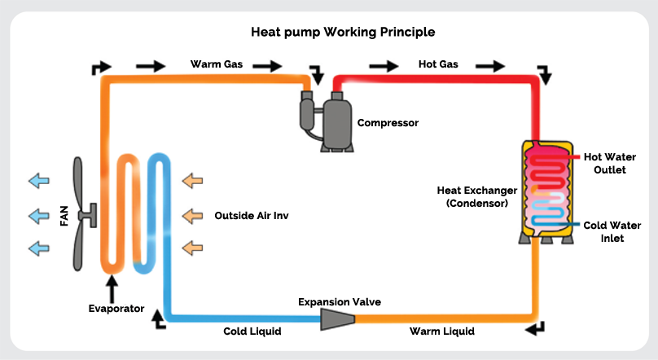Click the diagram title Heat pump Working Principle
click(342, 33)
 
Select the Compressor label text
click(388, 123)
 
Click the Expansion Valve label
click(340, 302)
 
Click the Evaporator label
click(116, 309)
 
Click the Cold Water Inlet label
click(609, 231)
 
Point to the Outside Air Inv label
click(252, 216)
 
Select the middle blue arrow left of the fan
click(37, 216)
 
